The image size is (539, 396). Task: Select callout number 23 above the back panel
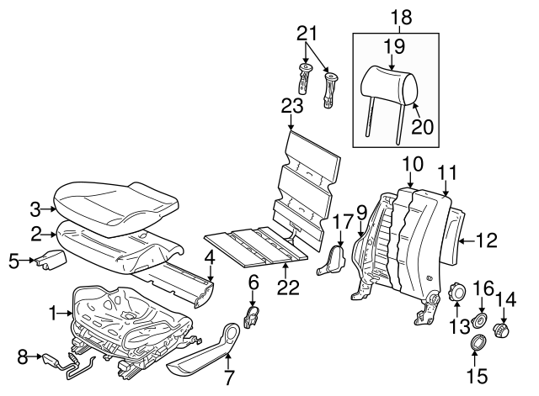(291, 106)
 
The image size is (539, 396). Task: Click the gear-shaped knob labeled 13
(460, 293)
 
